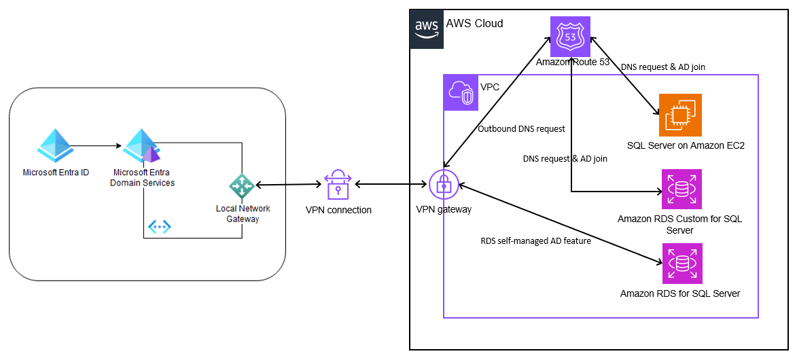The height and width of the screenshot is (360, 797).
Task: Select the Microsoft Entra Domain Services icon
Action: tap(141, 146)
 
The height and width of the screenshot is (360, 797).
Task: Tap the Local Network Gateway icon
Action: tap(241, 185)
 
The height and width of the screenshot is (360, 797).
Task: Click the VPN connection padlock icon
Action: tap(338, 185)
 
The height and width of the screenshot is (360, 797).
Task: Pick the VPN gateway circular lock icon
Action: tap(443, 184)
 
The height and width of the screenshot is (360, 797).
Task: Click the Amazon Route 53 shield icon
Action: tap(570, 35)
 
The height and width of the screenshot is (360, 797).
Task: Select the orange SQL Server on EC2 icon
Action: tap(680, 115)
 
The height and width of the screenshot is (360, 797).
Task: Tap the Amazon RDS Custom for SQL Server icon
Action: tap(681, 189)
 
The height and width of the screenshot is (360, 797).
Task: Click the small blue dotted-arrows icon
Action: tap(160, 227)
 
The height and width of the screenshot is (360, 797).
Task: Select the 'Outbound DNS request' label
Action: tap(521, 128)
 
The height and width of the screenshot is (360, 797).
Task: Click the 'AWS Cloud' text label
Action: tap(474, 24)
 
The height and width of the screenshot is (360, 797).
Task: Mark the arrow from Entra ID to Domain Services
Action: tap(97, 145)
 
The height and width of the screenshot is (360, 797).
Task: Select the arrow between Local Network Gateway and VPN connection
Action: tap(288, 185)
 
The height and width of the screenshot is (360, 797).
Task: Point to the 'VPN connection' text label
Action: tap(338, 210)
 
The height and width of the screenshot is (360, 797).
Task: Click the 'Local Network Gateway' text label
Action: tap(243, 213)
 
